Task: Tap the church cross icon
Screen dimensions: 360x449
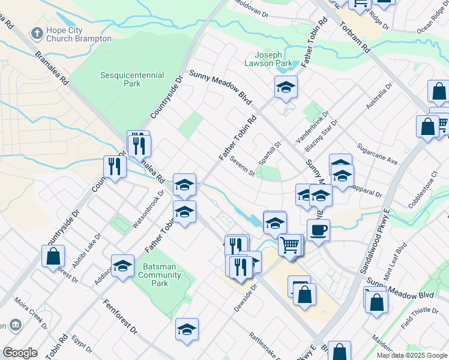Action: tap(38, 34)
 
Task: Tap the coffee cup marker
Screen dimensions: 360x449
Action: tap(318, 230)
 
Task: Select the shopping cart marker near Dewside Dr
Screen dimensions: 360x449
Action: tap(291, 245)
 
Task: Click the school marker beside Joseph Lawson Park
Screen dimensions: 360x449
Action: tap(286, 87)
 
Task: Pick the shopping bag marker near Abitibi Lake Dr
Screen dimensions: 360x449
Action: tap(53, 256)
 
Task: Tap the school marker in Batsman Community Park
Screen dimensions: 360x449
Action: tap(122, 265)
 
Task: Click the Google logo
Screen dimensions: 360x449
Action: tap(20, 353)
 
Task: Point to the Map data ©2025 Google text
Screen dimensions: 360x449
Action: tap(412, 355)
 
